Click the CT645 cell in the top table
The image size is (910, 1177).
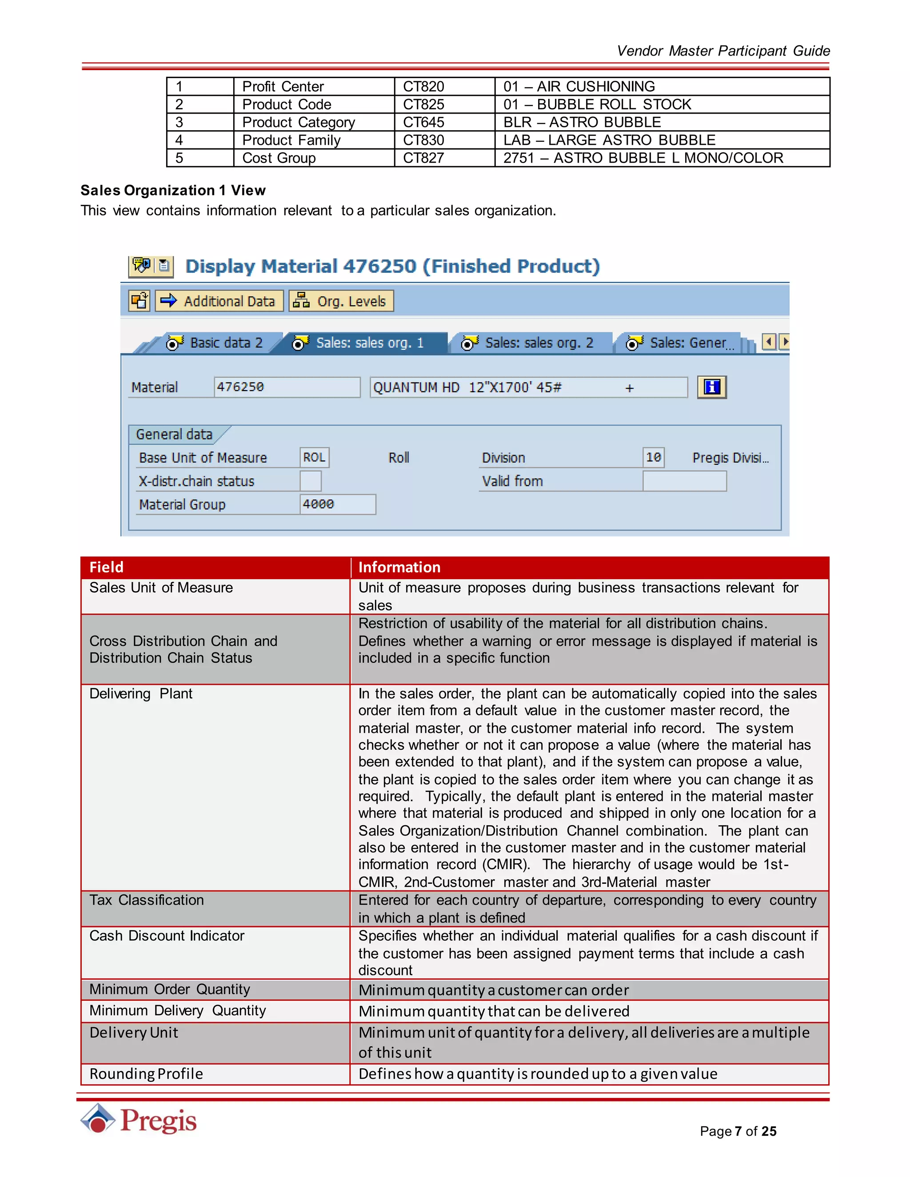[424, 122]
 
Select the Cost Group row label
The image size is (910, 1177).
[279, 158]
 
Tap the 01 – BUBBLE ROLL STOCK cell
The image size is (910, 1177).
[597, 104]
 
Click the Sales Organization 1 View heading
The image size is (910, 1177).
[173, 190]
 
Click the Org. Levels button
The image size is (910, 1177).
[341, 301]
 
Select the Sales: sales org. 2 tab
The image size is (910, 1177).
[530, 343]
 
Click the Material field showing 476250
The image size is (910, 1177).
[286, 387]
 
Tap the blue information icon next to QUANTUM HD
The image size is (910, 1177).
[712, 387]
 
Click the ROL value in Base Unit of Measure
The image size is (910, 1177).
[314, 457]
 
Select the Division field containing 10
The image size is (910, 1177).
[653, 457]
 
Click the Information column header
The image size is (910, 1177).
[399, 567]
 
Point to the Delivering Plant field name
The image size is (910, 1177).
[141, 694]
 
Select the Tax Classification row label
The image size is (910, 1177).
[147, 900]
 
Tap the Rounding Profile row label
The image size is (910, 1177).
[146, 1074]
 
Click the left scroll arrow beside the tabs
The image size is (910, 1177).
[769, 342]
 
